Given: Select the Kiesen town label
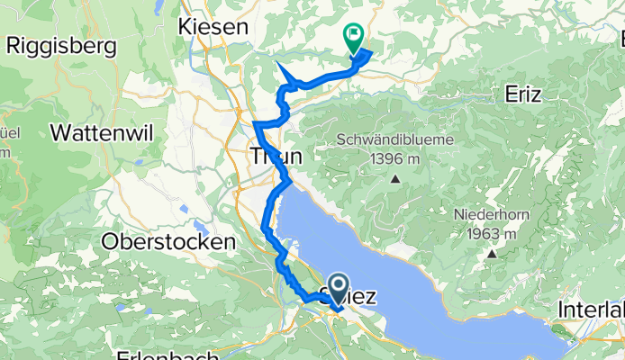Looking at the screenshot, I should click(x=213, y=28).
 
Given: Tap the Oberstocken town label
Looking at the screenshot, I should click(x=169, y=241).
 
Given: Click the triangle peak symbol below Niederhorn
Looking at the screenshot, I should click(x=494, y=254).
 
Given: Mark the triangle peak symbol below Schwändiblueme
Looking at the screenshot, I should click(x=394, y=178).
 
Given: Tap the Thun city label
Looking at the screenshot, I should click(x=275, y=156).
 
